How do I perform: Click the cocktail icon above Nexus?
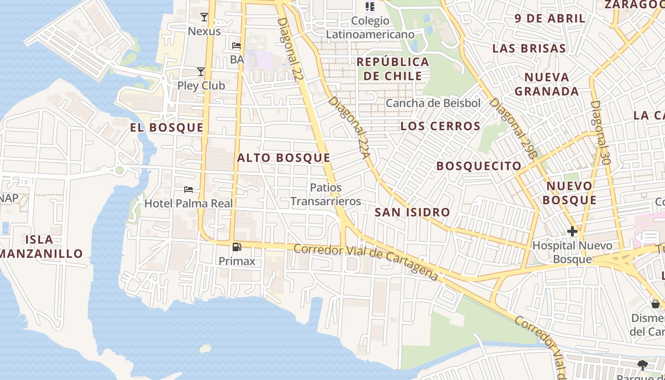[204, 18]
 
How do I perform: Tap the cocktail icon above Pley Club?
[201, 72]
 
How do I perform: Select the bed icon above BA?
[237, 46]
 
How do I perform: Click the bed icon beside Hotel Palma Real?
[189, 190]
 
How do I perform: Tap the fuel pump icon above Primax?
[237, 247]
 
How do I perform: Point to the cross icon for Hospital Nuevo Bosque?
[572, 231]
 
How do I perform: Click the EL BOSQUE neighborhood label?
[167, 127]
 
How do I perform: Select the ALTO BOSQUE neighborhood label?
[284, 158]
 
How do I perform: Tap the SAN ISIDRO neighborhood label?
[412, 212]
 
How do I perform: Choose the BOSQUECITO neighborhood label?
[479, 166]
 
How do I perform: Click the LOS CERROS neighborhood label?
[440, 126]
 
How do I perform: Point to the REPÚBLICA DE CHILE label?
[393, 69]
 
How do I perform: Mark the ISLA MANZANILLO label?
[40, 247]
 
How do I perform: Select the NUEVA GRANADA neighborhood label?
[547, 84]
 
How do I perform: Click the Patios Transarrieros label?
[325, 194]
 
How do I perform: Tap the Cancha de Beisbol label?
[433, 103]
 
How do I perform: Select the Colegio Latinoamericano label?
[370, 28]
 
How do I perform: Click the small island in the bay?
[205, 349]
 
